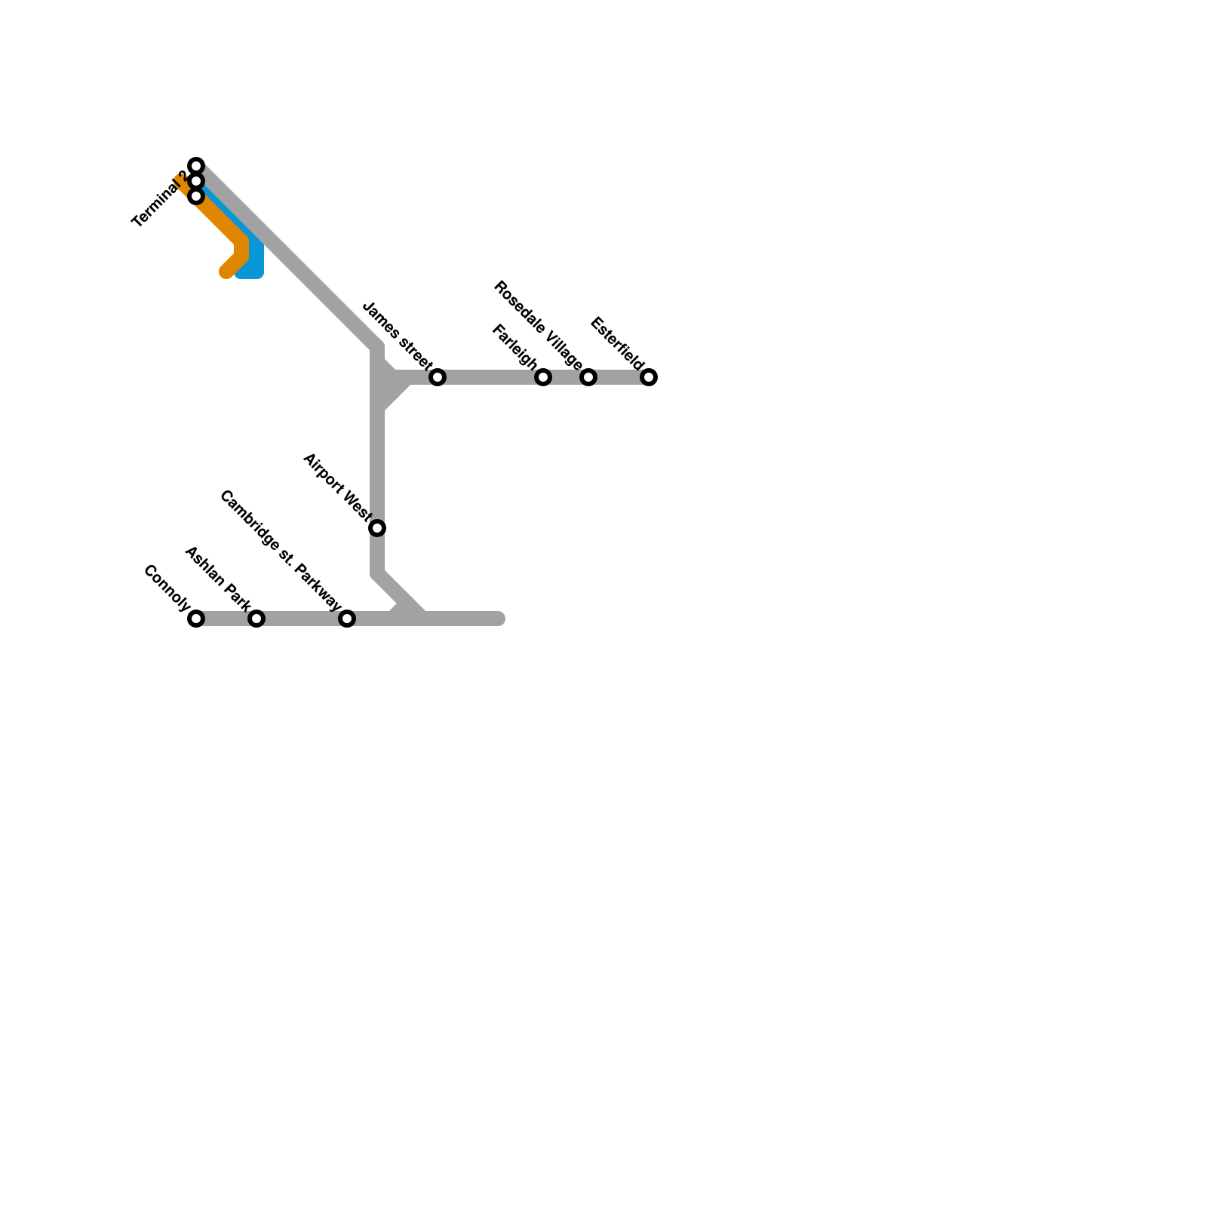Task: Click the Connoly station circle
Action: (x=196, y=619)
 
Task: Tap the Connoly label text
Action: (x=167, y=588)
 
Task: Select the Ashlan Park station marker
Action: (x=256, y=619)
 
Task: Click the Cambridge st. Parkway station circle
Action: (x=347, y=619)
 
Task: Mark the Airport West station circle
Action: (x=377, y=528)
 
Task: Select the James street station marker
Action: (x=438, y=377)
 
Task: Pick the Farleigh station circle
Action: (x=543, y=377)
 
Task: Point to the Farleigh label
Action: (x=514, y=347)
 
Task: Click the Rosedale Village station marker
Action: (x=588, y=377)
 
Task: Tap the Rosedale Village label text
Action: (x=538, y=326)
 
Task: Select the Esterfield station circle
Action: (x=649, y=377)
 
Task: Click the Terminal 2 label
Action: (x=159, y=200)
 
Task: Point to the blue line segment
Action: (x=255, y=260)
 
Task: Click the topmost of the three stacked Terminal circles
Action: (x=196, y=165)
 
